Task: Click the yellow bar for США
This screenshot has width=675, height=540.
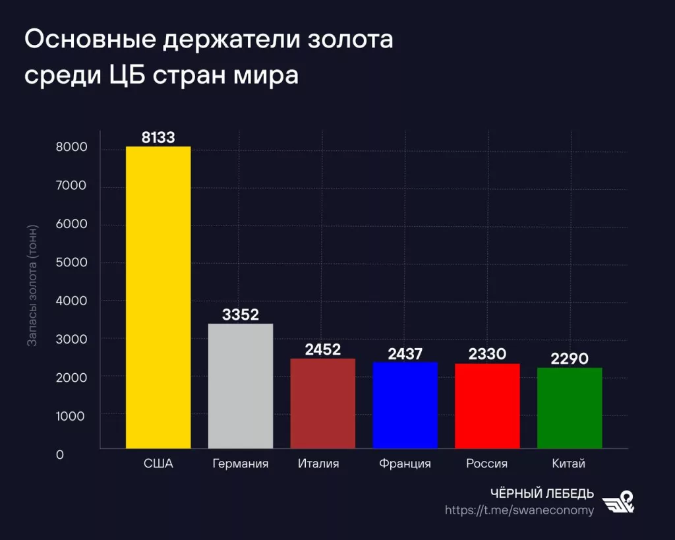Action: click(x=158, y=297)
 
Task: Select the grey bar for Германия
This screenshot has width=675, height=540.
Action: click(x=241, y=386)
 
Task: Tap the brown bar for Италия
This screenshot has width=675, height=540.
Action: click(x=323, y=404)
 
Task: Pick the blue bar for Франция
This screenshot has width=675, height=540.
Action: click(x=405, y=405)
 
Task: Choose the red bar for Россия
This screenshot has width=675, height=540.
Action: click(x=487, y=406)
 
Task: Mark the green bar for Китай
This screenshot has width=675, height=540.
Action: click(x=570, y=408)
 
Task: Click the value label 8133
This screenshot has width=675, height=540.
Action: click(x=158, y=137)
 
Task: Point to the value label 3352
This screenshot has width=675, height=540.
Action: click(x=241, y=315)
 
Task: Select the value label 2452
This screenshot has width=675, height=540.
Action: click(x=323, y=349)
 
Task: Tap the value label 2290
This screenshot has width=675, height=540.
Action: click(x=570, y=359)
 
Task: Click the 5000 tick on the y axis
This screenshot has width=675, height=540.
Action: click(x=71, y=263)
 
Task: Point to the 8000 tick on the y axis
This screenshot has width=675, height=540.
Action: click(x=71, y=148)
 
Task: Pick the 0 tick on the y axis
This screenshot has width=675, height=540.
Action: click(x=59, y=455)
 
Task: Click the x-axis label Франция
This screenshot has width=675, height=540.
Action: click(x=405, y=464)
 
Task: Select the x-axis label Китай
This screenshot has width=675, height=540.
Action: click(x=569, y=464)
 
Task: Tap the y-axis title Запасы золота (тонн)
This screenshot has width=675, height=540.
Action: click(x=32, y=285)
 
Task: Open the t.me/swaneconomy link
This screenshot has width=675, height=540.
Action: click(x=519, y=510)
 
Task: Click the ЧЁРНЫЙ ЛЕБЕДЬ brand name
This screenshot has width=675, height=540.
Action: click(x=543, y=494)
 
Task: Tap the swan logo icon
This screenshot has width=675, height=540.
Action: click(x=619, y=502)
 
